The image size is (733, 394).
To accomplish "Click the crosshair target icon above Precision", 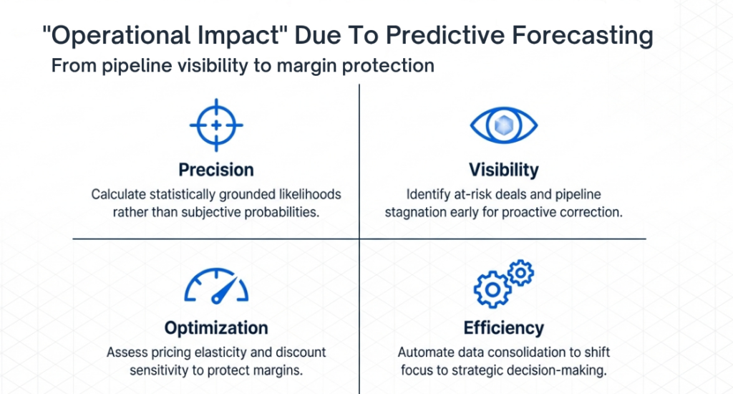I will [216, 125].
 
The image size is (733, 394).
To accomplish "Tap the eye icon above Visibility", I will [503, 126].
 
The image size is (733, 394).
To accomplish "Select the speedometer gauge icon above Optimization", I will [216, 286].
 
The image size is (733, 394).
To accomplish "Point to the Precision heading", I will [216, 170].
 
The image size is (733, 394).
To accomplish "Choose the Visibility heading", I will [503, 170].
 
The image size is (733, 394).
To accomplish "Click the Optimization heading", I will [216, 328].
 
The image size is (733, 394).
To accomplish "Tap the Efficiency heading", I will [503, 328].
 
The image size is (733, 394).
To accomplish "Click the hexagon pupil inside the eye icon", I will [503, 126].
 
